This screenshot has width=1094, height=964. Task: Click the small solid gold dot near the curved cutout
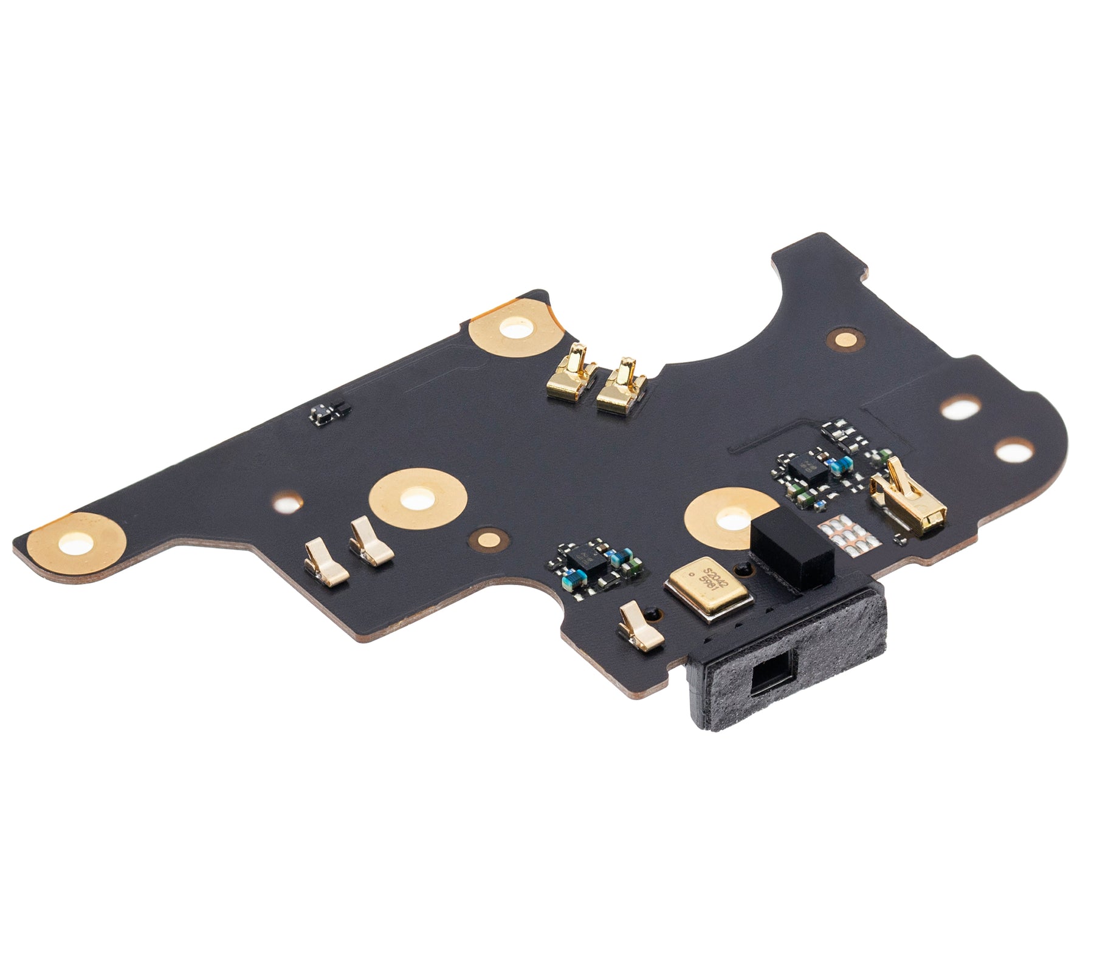[844, 340]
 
